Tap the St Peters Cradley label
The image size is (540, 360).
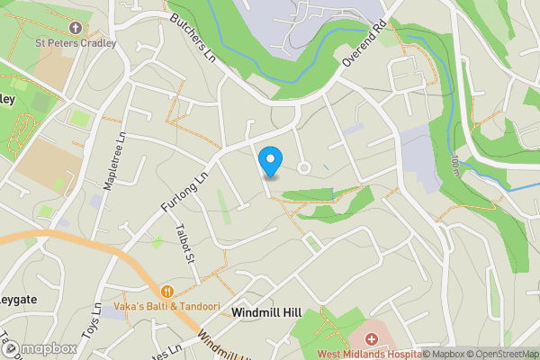coord(76,41)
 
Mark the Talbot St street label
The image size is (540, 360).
coord(188,244)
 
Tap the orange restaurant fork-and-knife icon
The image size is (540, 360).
coord(166,291)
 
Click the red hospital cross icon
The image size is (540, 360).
coord(372,339)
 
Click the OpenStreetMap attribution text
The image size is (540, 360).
coord(505,354)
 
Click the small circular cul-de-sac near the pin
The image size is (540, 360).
coord(304,167)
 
